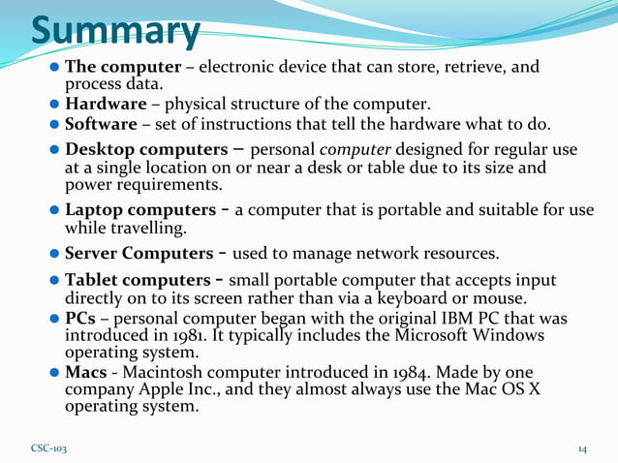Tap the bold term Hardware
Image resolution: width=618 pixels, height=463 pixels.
[104, 105]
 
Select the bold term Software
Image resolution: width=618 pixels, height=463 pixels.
[101, 125]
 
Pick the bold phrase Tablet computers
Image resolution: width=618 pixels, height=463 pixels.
[137, 280]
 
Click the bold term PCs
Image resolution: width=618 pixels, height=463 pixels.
[79, 319]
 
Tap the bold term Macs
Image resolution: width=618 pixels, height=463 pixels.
[85, 372]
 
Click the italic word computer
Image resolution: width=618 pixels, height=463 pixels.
[350, 152]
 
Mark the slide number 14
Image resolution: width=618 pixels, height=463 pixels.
[583, 449]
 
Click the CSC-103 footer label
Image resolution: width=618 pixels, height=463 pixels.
[49, 449]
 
